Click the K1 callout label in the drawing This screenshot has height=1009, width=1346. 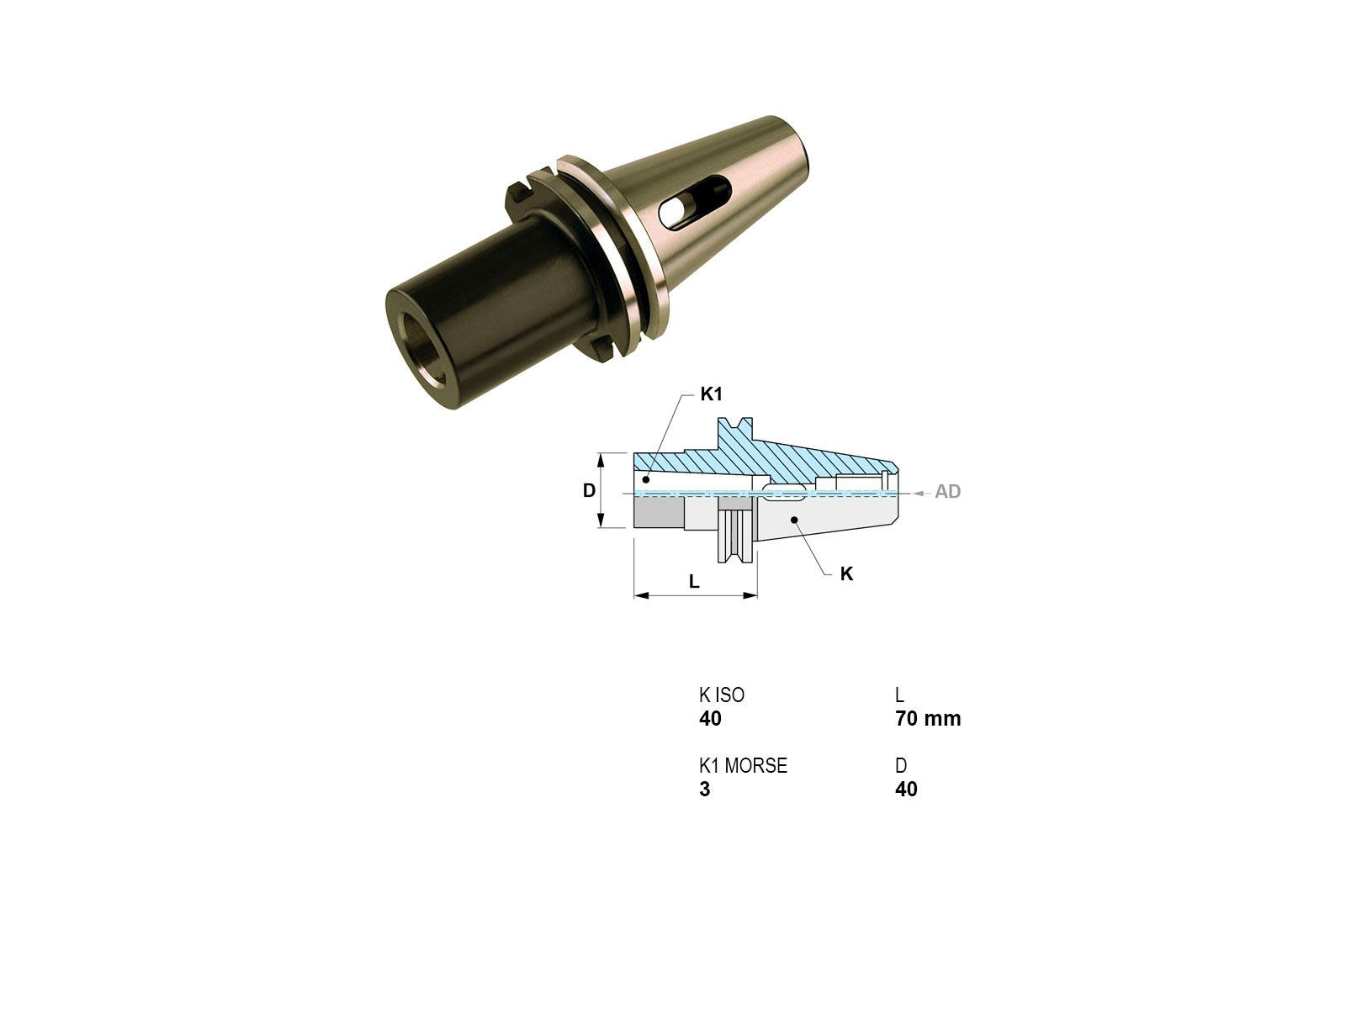(x=712, y=394)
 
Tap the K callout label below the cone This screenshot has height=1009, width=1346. (x=846, y=573)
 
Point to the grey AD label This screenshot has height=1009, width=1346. (x=947, y=491)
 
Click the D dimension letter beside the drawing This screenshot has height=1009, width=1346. (x=589, y=490)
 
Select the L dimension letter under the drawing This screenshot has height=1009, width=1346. (x=694, y=581)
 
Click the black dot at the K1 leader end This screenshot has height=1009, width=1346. (x=646, y=479)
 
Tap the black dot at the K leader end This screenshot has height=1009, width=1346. (x=793, y=520)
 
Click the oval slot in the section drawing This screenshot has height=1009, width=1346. (x=784, y=492)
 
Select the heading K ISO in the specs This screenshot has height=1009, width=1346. (x=722, y=695)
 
